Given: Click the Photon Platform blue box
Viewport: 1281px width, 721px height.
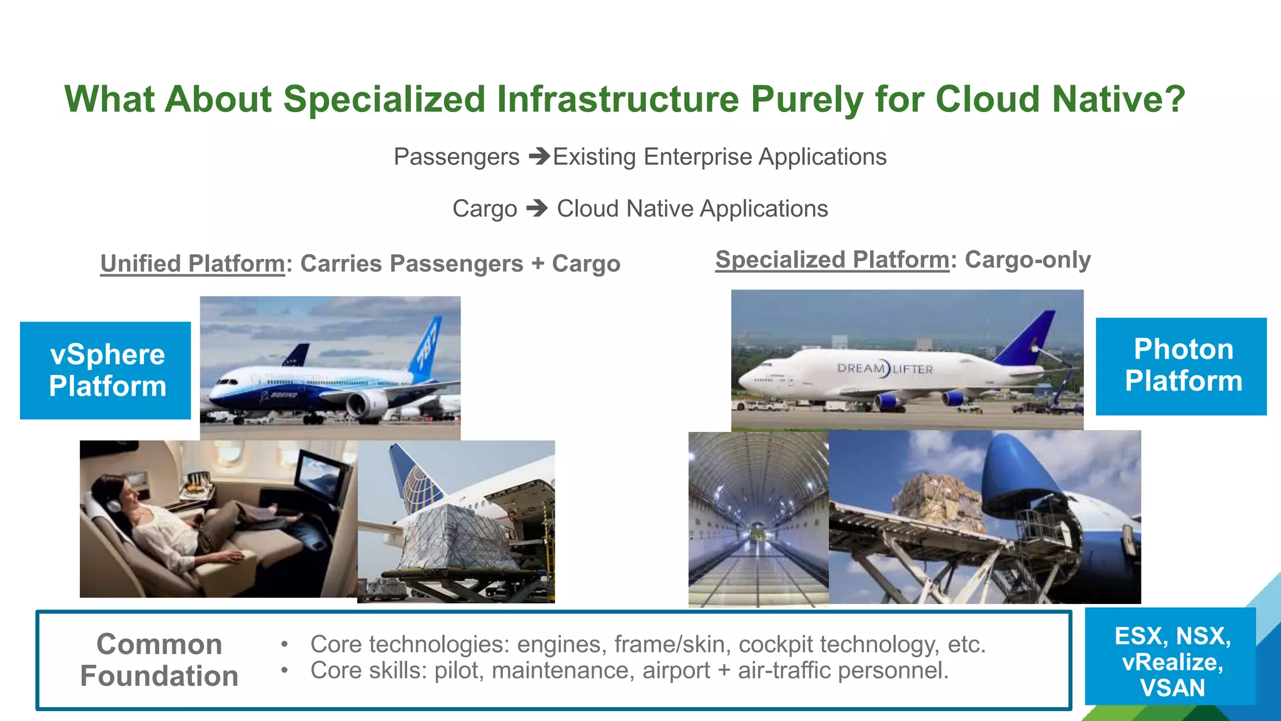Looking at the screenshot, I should coord(1181,366).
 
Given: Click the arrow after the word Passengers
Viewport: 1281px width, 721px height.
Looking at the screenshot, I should coord(539,156).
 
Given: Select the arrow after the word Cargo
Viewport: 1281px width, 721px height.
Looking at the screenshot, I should coord(537,208).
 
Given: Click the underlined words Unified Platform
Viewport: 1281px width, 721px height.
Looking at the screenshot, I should coord(193,263).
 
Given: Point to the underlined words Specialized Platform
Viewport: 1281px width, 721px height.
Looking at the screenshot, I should coord(832,259).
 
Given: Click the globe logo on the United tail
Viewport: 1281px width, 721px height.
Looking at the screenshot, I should coord(417,489).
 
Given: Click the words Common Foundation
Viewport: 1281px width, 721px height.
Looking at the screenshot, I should coord(159,660).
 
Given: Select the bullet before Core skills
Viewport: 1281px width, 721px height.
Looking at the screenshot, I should coord(285,670).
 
